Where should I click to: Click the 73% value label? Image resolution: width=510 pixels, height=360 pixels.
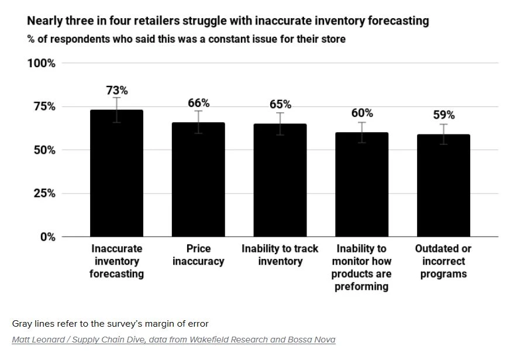point(117,91)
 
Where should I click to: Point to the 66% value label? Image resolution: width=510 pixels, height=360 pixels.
point(198,103)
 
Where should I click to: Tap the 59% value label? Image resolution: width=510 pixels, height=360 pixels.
point(443,115)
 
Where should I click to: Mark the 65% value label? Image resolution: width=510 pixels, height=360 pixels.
point(280,105)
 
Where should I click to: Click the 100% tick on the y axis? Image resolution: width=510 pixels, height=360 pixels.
point(41,63)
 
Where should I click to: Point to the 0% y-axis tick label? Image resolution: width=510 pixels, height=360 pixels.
point(46,237)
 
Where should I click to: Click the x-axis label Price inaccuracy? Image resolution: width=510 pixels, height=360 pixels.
point(198,255)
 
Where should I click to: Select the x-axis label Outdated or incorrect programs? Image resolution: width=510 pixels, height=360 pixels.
point(443,261)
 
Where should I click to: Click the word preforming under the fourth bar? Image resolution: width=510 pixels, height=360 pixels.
point(361,286)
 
